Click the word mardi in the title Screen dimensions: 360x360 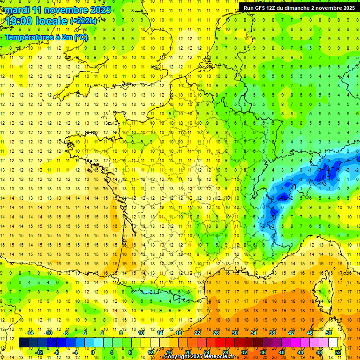(15, 10)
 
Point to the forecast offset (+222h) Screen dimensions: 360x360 (83, 21)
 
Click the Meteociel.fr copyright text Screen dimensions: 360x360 (199, 357)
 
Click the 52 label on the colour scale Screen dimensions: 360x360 (338, 352)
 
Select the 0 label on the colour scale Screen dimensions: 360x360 (93, 352)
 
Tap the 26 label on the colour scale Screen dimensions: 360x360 (216, 333)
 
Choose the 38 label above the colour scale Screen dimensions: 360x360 (272, 333)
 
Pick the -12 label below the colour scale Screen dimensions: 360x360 (39, 352)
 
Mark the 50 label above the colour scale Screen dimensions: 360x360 (328, 333)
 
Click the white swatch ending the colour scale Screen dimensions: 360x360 (333, 343)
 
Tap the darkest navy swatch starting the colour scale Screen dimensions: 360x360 (23, 343)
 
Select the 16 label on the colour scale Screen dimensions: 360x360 (169, 352)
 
